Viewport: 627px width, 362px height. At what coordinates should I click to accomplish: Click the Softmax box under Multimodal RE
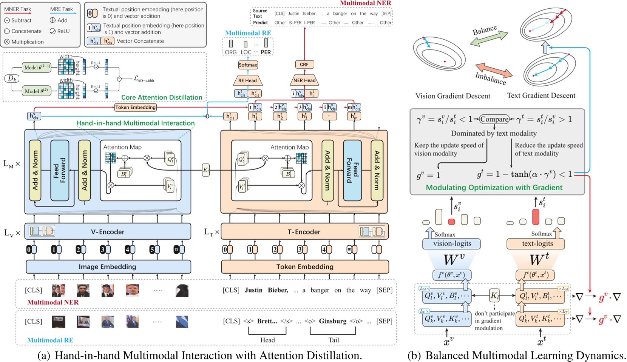248,65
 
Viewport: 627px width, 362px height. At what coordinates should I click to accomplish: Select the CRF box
304,65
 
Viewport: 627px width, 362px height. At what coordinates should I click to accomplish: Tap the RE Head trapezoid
247,80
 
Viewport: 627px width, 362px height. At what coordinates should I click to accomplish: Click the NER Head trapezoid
304,80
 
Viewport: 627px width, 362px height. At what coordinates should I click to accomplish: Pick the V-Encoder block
108,231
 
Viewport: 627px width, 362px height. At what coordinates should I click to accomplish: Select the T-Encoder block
304,231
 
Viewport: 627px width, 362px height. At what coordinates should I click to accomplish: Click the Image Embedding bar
108,266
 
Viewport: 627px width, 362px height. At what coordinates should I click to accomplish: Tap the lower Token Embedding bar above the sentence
304,266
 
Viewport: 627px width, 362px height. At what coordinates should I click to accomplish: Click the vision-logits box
452,243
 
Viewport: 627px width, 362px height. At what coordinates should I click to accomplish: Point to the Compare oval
494,119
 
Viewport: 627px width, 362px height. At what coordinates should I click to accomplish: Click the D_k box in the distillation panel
12,79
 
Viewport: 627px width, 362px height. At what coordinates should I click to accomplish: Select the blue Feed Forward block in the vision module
60,170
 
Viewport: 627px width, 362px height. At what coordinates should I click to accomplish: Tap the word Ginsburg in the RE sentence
332,321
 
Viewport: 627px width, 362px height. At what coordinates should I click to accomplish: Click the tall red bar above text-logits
535,217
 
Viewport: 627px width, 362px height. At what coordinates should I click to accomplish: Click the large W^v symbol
454,260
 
